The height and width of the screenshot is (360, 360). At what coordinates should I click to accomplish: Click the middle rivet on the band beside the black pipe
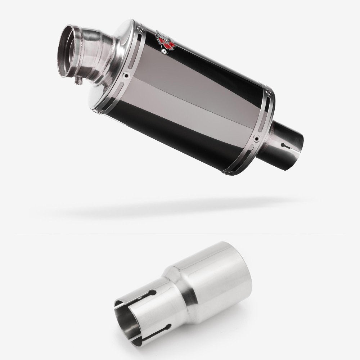pos(256,138)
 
